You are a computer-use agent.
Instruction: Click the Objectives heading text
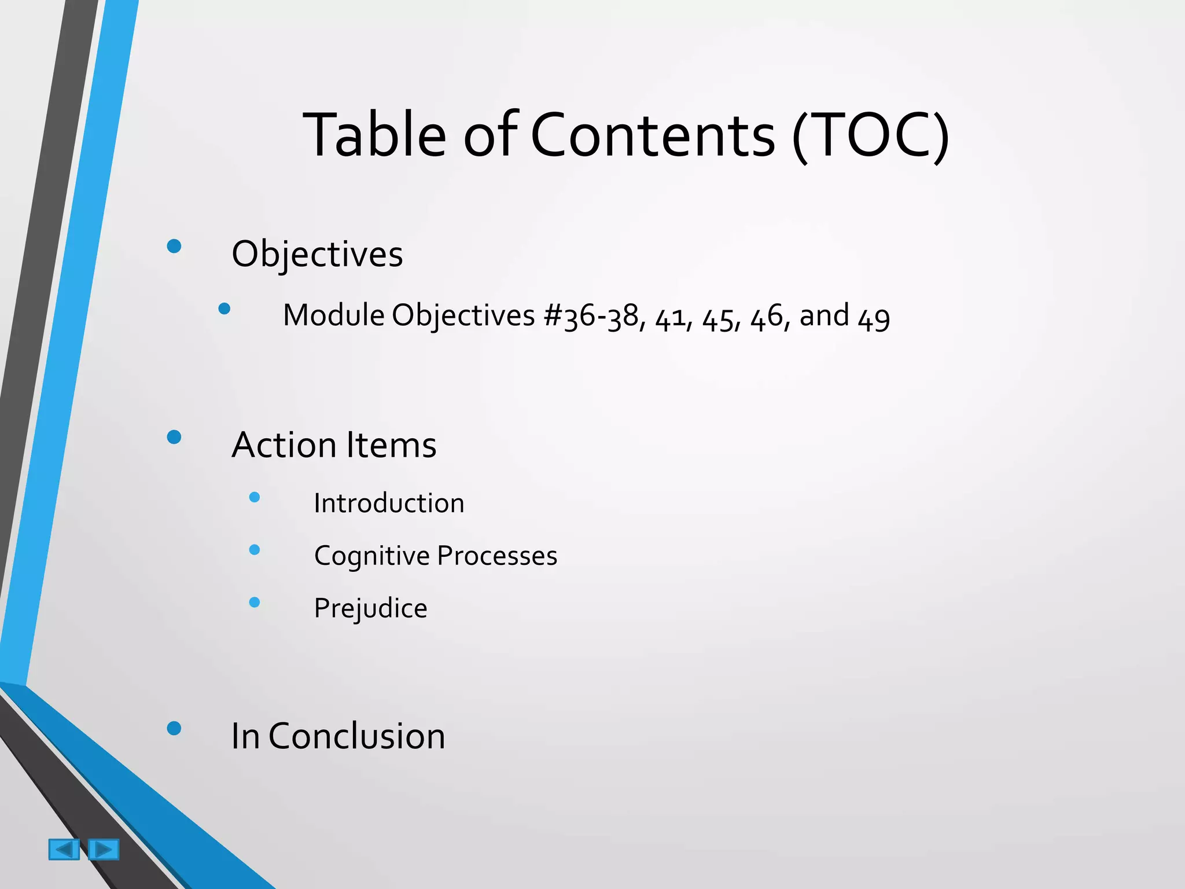[x=317, y=254]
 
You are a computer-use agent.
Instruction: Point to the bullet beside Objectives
[x=174, y=247]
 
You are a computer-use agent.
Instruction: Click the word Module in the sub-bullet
[x=334, y=315]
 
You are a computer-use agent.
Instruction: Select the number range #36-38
[x=591, y=317]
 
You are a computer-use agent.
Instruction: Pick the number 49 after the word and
[x=874, y=318]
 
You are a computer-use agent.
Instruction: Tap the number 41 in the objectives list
[x=671, y=318]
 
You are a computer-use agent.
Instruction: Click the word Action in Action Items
[x=284, y=445]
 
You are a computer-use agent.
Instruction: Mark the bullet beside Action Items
[x=174, y=437]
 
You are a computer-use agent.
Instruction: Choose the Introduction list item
[x=389, y=503]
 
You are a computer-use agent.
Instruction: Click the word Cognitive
[x=371, y=556]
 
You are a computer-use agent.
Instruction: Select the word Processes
[x=497, y=556]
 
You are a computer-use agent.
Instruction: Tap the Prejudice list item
[x=370, y=608]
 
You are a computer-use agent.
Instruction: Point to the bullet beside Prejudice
[x=254, y=603]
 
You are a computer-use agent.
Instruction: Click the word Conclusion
[x=356, y=736]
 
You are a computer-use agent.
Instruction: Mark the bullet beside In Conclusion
[x=174, y=728]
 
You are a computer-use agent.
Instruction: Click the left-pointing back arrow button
[x=64, y=849]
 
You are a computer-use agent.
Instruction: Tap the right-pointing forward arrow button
[x=104, y=849]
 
